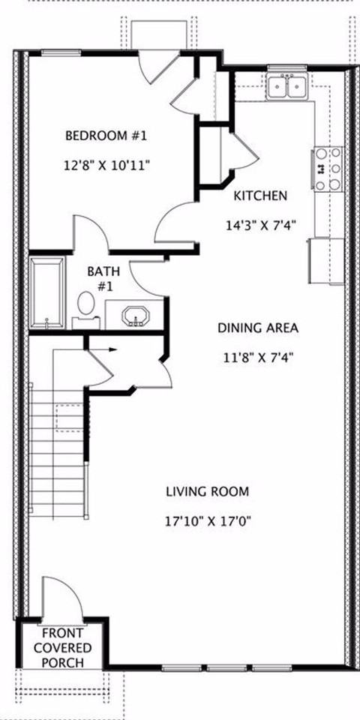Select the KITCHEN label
pos(260,196)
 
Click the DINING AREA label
pos(258,328)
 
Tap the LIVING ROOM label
pos(207,491)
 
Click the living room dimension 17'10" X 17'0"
pos(207,520)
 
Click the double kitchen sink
pos(288,87)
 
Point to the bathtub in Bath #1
pos(47,294)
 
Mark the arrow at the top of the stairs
pos(109,349)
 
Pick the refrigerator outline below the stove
pos(324,260)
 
